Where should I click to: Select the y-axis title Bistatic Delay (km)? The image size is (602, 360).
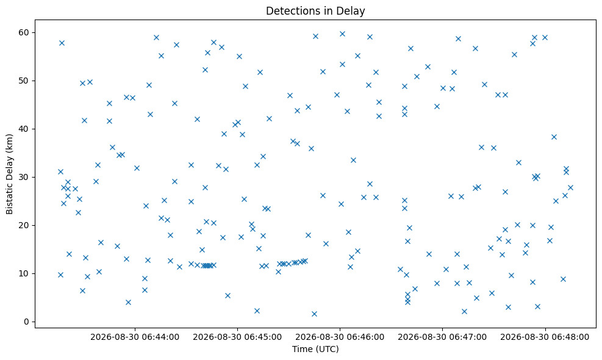tap(10, 174)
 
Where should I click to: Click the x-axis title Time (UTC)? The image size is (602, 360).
tap(315, 349)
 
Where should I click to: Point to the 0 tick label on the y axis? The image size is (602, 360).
tap(27, 322)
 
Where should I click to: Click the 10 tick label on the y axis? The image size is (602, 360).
tap(24, 273)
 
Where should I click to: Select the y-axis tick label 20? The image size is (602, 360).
tap(24, 225)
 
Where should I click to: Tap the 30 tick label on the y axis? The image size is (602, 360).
tap(24, 177)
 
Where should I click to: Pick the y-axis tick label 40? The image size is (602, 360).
tap(24, 129)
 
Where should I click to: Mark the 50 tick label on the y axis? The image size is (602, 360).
tap(24, 81)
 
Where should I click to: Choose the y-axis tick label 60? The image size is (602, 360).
tap(24, 32)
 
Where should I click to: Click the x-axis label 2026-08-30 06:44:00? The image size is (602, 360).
tap(135, 337)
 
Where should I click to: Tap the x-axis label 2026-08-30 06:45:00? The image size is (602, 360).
tap(237, 337)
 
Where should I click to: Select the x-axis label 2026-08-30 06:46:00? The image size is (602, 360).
tap(340, 337)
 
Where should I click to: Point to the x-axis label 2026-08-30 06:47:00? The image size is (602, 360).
tap(442, 337)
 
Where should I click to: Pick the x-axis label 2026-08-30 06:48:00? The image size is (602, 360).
tap(545, 337)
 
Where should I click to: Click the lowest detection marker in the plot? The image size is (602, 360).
tap(314, 314)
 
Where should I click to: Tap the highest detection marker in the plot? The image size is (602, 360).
tap(342, 34)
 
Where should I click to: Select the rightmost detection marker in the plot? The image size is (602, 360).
tap(570, 187)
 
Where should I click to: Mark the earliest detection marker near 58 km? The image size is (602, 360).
tap(62, 43)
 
